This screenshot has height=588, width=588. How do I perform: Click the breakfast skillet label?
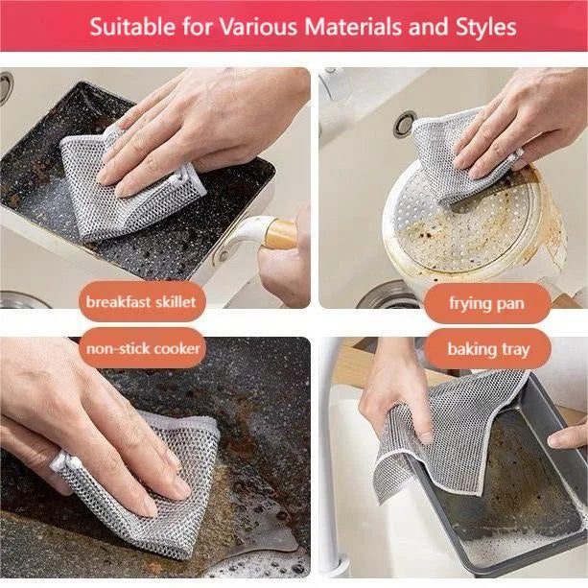pos(140,302)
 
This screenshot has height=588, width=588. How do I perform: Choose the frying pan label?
pos(486,303)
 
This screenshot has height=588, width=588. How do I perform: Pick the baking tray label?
pos(487,349)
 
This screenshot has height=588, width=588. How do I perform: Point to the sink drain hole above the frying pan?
pos(405,124)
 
